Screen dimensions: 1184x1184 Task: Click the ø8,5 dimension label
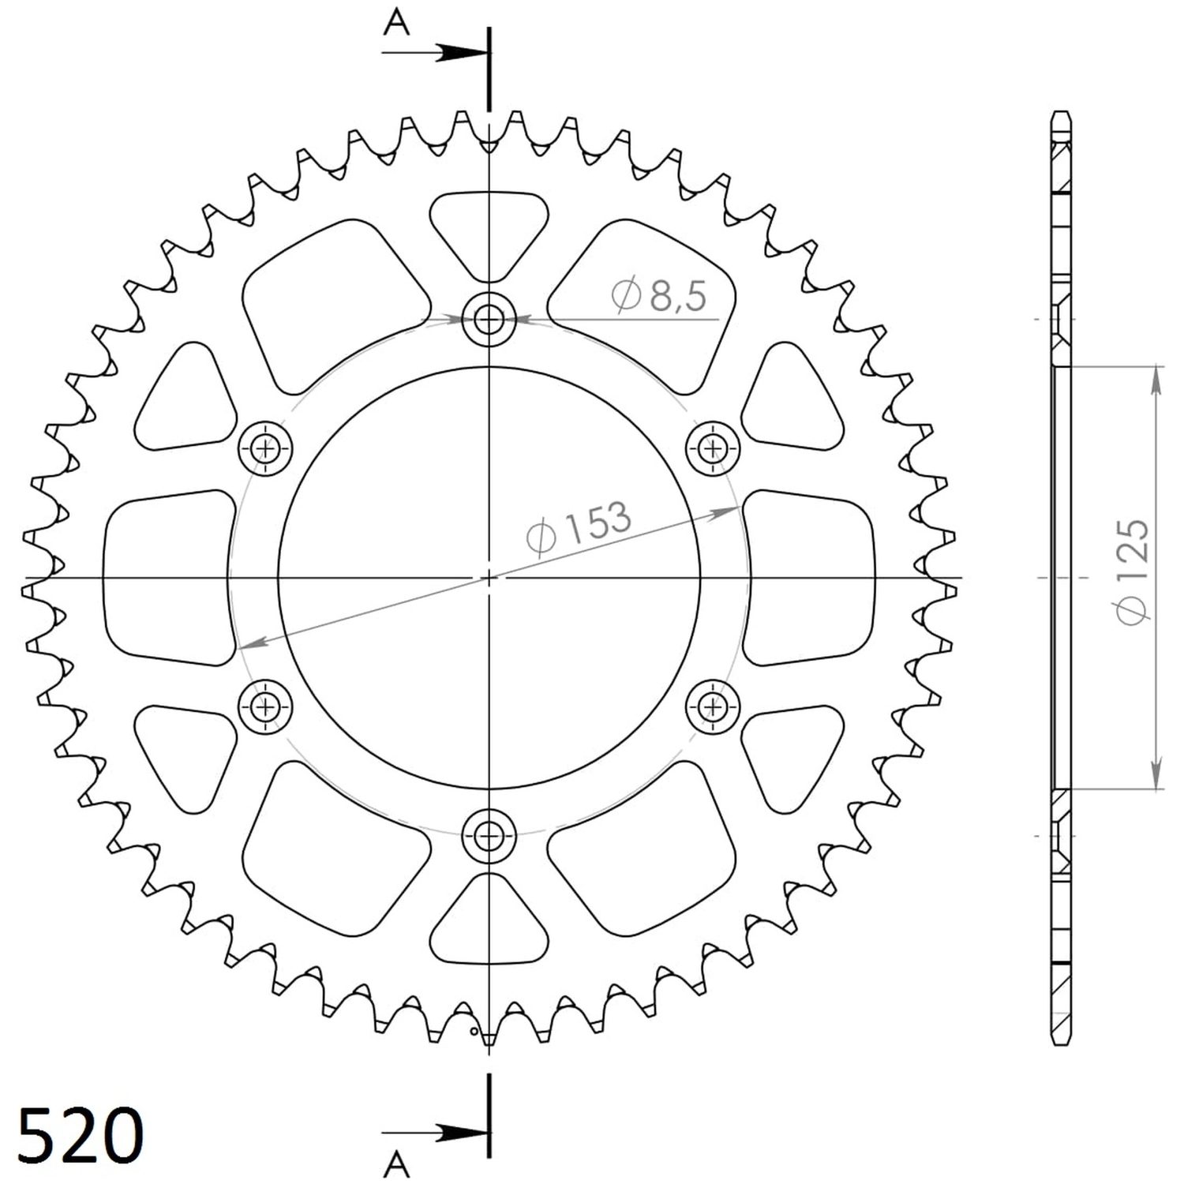[x=659, y=296]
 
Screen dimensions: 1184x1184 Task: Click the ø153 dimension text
[x=579, y=526]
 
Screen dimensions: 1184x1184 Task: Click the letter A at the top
[x=396, y=25]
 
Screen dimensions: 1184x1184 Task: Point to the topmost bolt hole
[x=489, y=320]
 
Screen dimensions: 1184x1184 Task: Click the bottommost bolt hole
[x=489, y=834]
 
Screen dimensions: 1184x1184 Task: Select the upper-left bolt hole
[x=265, y=449]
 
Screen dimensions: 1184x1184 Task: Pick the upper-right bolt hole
[x=714, y=449]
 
